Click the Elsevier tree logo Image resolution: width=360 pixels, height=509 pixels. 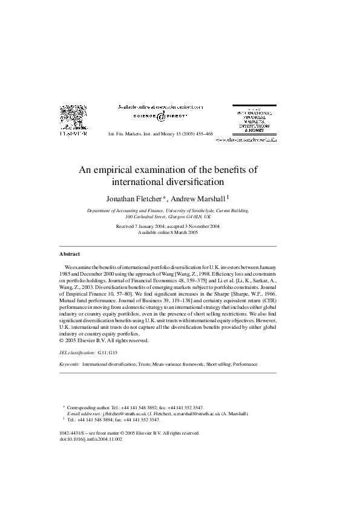coord(73,117)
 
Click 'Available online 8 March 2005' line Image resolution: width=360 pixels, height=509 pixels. coord(168,232)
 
